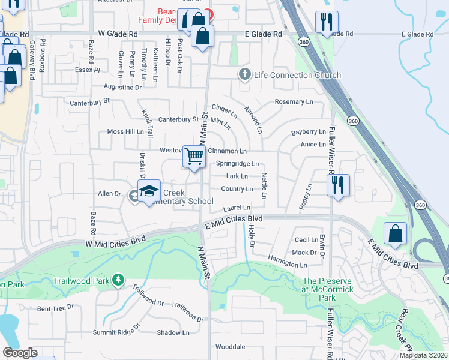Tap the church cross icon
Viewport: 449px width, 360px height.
(x=244, y=75)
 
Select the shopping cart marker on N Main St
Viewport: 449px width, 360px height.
(x=194, y=157)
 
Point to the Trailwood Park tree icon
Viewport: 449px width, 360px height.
(x=119, y=280)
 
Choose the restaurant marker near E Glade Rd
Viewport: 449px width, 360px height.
(x=326, y=23)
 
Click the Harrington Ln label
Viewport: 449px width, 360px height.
(x=288, y=263)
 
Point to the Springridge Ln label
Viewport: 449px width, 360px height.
(x=237, y=163)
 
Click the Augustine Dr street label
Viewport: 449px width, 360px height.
(x=122, y=87)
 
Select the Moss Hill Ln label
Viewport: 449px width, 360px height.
(x=125, y=131)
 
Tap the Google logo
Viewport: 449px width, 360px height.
(x=20, y=353)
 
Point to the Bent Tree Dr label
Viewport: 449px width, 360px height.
(x=55, y=308)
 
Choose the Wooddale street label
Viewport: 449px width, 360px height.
(x=231, y=347)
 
